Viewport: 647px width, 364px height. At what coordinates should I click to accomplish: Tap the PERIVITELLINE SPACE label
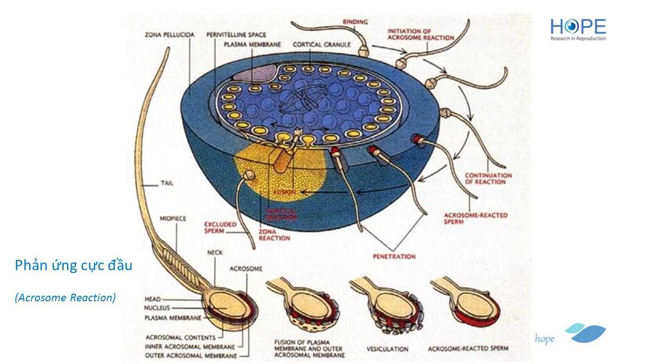[x=236, y=35]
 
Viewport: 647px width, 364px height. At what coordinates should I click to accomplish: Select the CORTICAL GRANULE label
[x=321, y=44]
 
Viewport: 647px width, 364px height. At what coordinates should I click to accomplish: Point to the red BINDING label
[x=355, y=22]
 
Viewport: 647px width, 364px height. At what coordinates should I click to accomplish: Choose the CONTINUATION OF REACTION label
[x=488, y=178]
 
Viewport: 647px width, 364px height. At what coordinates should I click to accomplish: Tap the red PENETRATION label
[x=394, y=256]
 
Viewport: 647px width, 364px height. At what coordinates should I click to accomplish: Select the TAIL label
[x=166, y=183]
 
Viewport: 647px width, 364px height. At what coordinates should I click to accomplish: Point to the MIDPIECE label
[x=173, y=219]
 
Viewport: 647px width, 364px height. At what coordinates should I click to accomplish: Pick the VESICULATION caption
[x=387, y=349]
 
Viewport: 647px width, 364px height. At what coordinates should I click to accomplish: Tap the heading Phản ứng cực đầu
[x=73, y=265]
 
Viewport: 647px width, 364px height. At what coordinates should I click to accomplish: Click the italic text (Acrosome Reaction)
[x=65, y=298]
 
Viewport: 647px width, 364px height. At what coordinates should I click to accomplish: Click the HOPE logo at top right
[x=578, y=29]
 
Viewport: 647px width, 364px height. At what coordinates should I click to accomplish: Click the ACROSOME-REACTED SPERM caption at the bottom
[x=468, y=349]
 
